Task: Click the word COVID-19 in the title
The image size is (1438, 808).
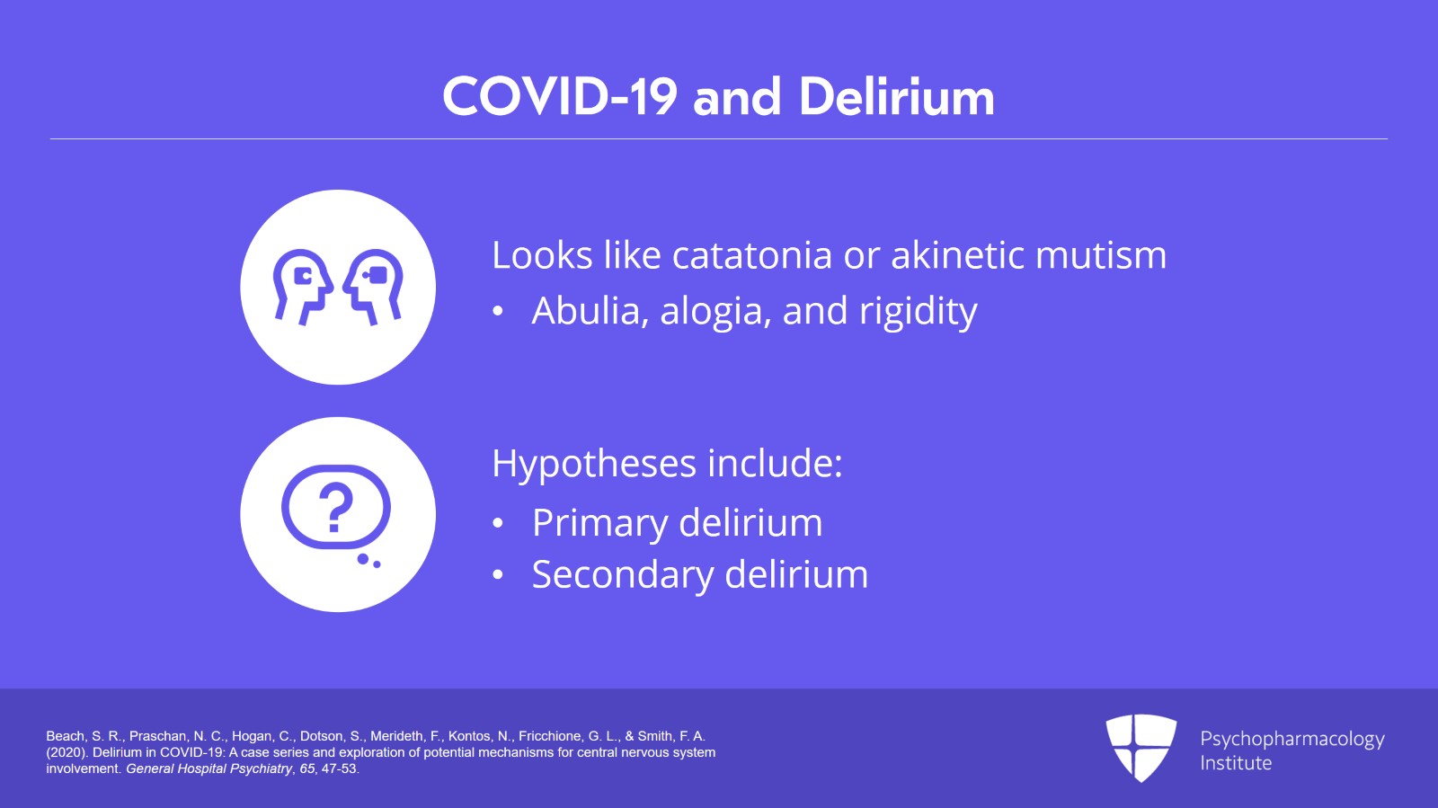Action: [x=560, y=97]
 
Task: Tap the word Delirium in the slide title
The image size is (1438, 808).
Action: [x=897, y=97]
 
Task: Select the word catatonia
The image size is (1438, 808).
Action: [x=752, y=254]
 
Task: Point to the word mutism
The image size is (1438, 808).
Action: [x=1101, y=254]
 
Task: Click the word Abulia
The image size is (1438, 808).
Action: [x=586, y=311]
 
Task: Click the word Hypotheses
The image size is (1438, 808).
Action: [x=594, y=464]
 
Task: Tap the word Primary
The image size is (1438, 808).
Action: [x=599, y=523]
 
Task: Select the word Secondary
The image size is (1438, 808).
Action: [x=623, y=574]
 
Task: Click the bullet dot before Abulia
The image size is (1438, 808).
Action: [x=498, y=311]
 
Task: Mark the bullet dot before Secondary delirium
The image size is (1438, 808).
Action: [x=498, y=575]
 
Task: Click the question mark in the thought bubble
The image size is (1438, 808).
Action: [x=336, y=507]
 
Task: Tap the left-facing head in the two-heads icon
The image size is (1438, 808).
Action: [x=373, y=286]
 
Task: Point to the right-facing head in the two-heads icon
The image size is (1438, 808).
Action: [x=302, y=286]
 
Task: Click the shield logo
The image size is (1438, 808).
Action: [x=1141, y=748]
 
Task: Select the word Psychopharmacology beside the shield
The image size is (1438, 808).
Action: [x=1292, y=740]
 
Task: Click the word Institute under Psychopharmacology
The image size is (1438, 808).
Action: [x=1236, y=763]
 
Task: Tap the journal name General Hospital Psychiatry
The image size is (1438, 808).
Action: [x=209, y=768]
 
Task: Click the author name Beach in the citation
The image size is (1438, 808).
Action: [x=66, y=736]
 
